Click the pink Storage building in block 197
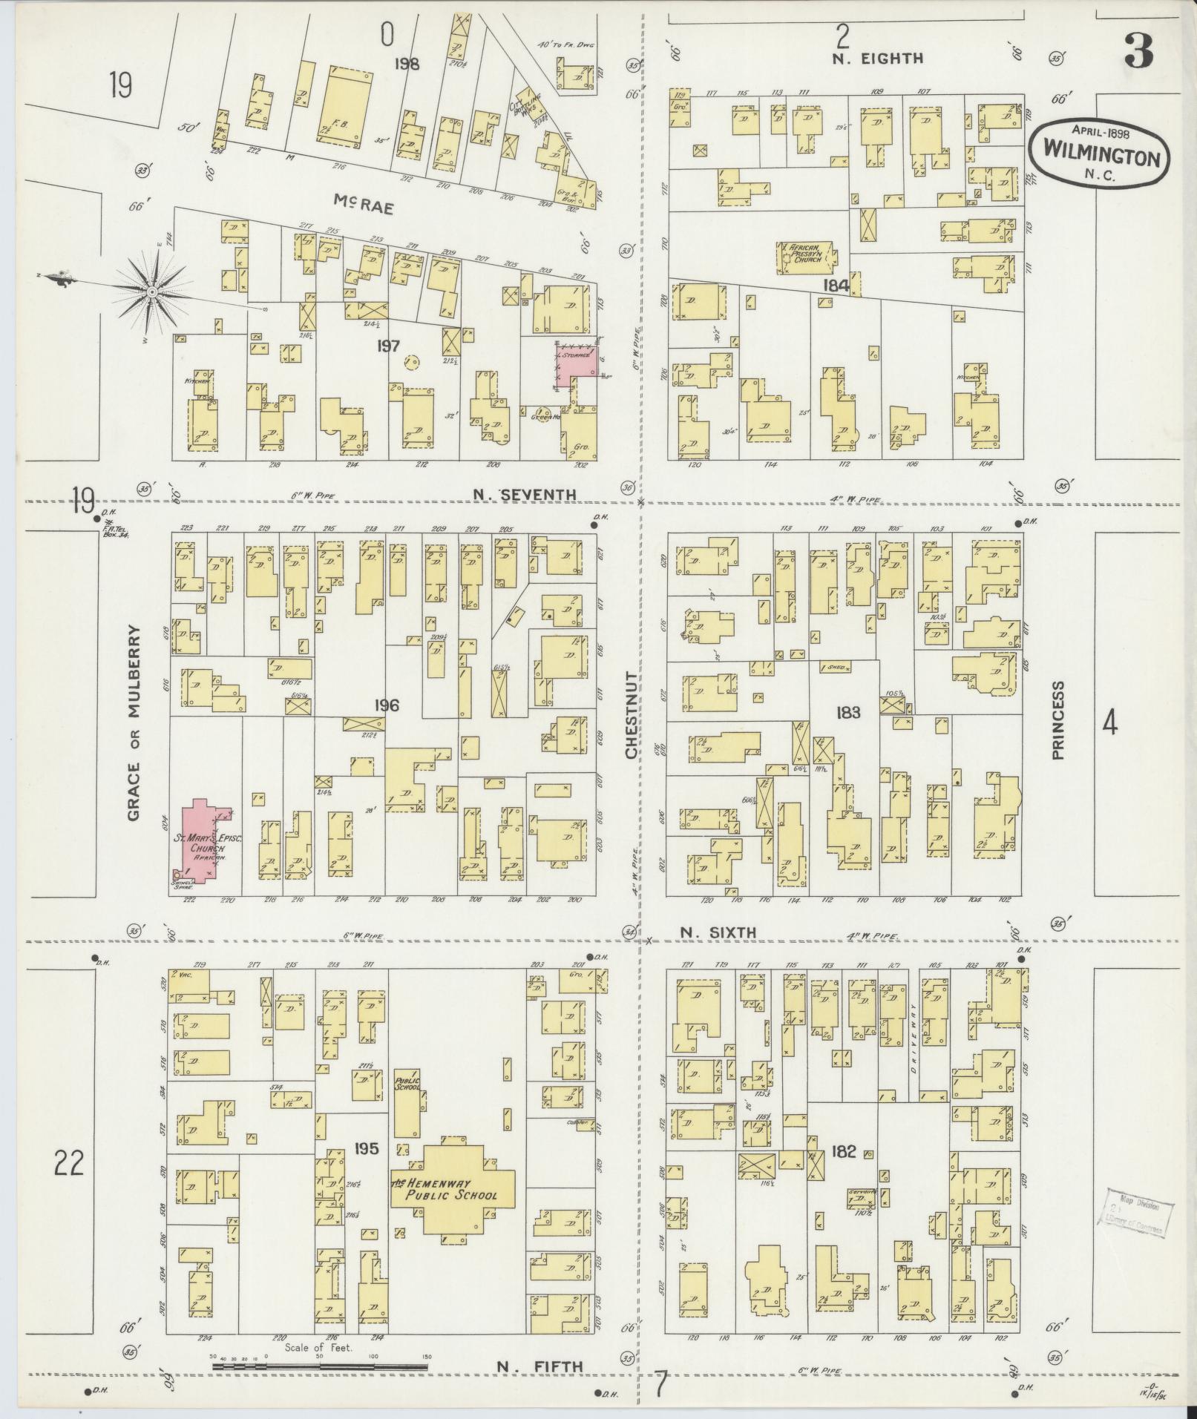point(577,363)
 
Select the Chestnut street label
point(632,715)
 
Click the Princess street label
point(1057,720)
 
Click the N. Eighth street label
point(877,59)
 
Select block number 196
point(387,705)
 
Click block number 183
point(847,713)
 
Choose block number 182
point(844,1152)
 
